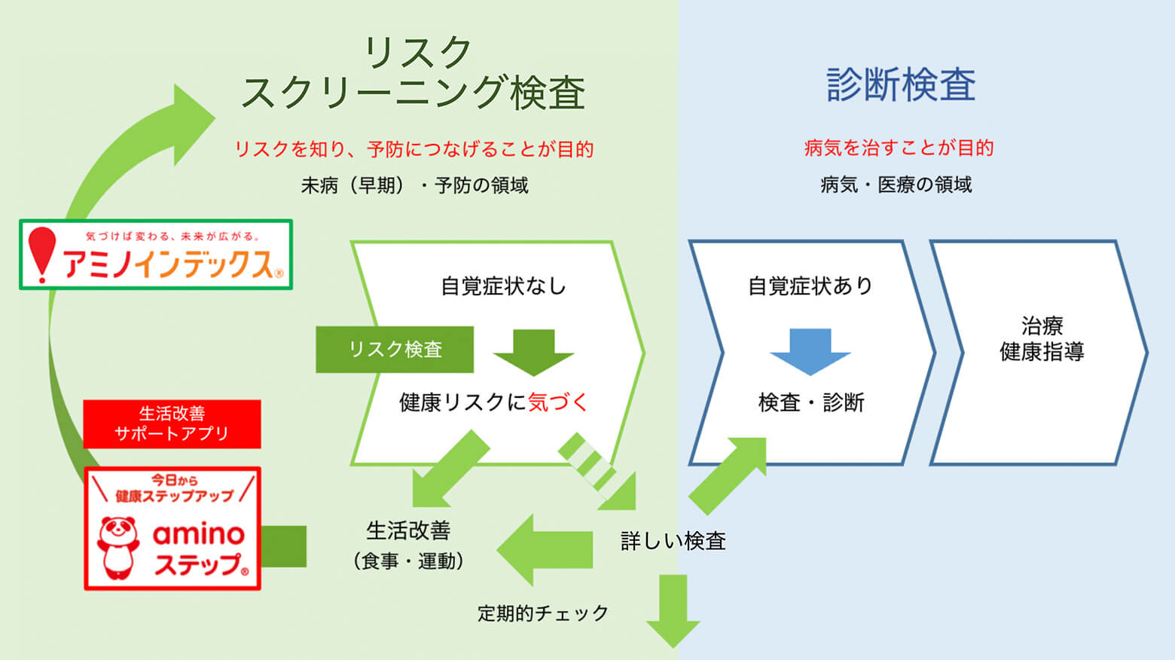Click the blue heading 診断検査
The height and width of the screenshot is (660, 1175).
coord(901,84)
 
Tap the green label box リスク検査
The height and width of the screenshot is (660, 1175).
coord(395,350)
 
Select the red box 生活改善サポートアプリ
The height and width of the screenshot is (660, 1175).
coord(172,424)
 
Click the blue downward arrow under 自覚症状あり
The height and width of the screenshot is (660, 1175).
coord(810,352)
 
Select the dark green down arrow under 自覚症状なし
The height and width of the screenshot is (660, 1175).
coord(534,352)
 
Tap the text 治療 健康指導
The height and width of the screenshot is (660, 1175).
coord(1042,339)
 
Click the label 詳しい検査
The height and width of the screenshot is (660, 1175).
coord(673,541)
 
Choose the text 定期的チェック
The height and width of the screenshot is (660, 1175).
coord(542,613)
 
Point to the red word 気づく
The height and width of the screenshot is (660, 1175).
coord(557,402)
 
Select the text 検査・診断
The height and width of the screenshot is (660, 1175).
coord(811,402)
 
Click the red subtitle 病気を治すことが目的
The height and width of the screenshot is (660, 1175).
coord(899,148)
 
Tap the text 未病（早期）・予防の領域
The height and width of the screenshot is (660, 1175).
coord(414,185)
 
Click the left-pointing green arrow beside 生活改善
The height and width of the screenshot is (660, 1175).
coord(544,549)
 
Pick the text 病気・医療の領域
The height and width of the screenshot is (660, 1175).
coord(896,185)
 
